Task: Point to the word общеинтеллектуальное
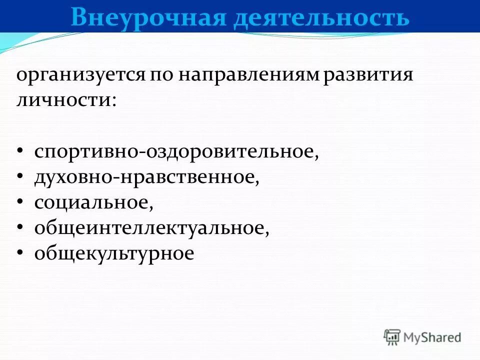[150, 228]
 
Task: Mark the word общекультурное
[113, 253]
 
